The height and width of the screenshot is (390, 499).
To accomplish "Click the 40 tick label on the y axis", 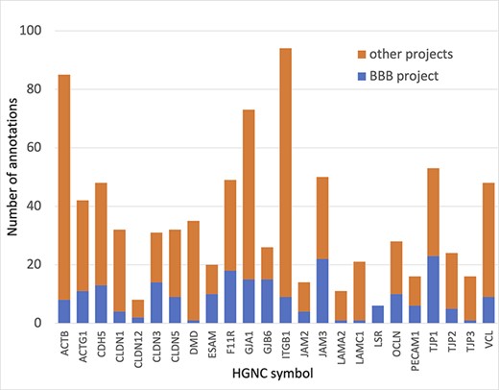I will pyautogui.click(x=41, y=206).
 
